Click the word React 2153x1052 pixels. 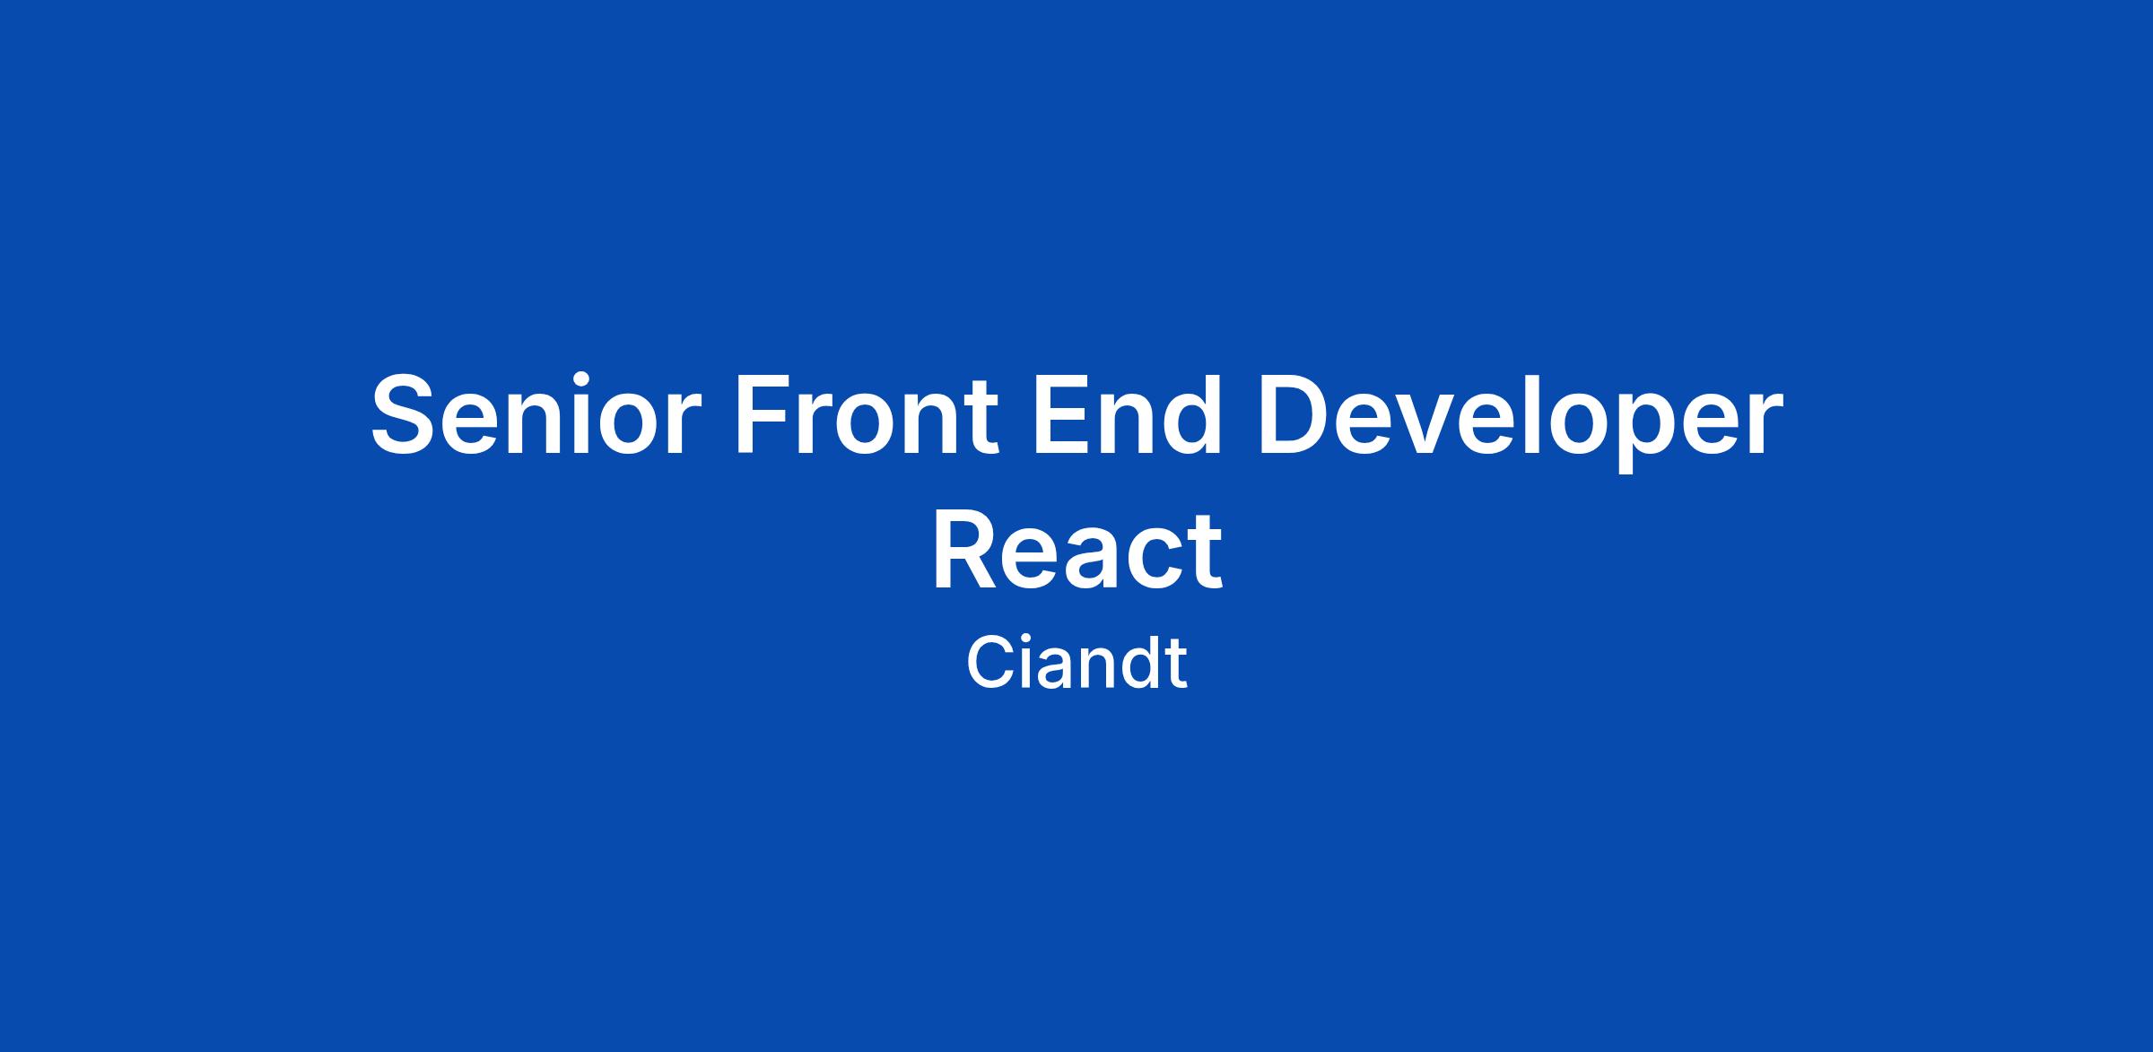[x=1076, y=549]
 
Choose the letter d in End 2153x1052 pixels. [x=1191, y=414]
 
